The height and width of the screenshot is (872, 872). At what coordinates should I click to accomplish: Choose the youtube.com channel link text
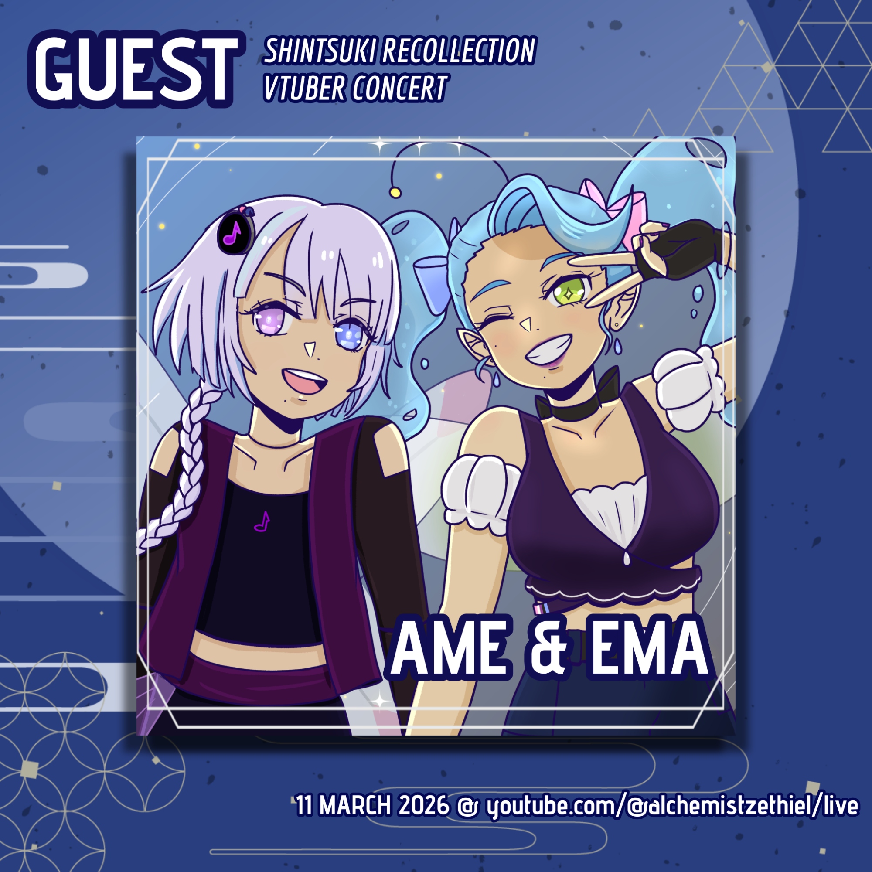click(x=672, y=807)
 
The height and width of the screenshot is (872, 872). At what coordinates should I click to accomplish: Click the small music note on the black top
click(x=262, y=521)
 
